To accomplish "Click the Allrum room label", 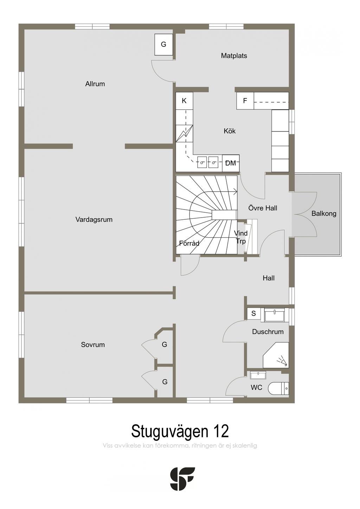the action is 95,84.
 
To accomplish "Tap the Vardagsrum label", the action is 94,220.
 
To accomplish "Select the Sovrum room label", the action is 93,345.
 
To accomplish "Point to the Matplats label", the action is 234,56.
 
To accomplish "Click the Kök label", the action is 230,131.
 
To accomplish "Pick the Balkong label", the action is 324,214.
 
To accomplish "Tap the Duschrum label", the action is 268,332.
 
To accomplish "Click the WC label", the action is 256,387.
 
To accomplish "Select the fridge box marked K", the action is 184,101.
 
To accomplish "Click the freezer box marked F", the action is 245,101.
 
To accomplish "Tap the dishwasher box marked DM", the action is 231,163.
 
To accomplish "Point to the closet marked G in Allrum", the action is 163,44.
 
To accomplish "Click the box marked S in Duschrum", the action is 253,314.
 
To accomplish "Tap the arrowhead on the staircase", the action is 236,192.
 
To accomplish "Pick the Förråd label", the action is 189,243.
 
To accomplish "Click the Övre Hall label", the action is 263,208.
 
